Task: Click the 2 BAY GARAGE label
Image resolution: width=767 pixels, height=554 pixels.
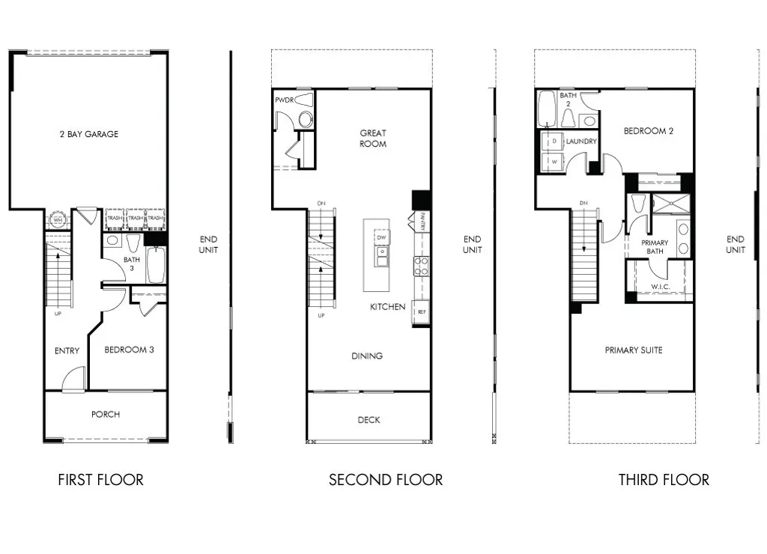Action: [89, 135]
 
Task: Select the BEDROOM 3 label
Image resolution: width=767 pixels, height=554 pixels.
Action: [129, 350]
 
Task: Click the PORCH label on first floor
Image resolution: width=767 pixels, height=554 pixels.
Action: [106, 415]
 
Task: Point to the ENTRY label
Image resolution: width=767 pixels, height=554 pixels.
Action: [67, 351]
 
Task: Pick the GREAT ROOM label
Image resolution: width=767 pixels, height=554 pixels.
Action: [372, 138]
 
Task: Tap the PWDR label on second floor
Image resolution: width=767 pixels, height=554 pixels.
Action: [284, 100]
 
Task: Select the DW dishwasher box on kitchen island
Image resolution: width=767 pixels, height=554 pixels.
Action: [381, 237]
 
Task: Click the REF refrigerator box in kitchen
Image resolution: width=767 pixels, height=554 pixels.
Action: [421, 312]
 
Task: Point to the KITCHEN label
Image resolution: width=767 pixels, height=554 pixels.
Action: [387, 307]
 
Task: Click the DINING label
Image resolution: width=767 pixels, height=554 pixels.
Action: [367, 356]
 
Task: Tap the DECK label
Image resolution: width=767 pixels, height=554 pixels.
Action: [369, 421]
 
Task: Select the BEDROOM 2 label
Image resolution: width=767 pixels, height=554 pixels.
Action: [649, 131]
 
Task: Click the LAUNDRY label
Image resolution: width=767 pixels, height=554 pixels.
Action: [581, 141]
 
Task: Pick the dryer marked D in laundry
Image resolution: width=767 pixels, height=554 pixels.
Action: [554, 141]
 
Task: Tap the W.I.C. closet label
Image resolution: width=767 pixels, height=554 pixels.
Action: [659, 286]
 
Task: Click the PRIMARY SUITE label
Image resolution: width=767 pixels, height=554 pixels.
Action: [634, 350]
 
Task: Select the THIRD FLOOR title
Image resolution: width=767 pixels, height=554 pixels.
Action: [664, 480]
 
